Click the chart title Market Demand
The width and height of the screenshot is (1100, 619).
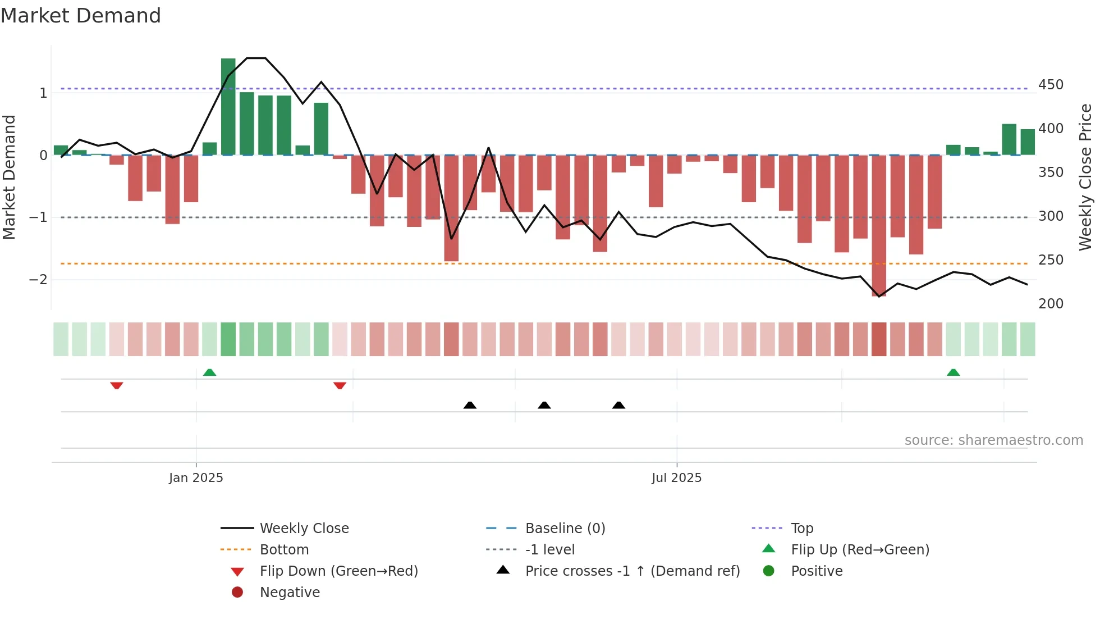pos(81,16)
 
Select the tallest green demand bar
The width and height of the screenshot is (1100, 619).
pos(228,107)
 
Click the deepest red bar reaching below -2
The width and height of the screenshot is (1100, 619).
pos(879,225)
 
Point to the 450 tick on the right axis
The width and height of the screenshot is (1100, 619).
pos(1051,85)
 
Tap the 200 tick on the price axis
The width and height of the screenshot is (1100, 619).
pos(1051,304)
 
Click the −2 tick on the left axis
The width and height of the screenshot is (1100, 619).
pos(38,280)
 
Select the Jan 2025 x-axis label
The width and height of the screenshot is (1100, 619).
pos(196,478)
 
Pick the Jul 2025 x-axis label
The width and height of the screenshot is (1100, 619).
pos(676,478)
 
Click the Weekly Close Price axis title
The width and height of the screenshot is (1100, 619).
pos(1085,177)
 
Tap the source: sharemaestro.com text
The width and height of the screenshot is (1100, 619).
pos(993,440)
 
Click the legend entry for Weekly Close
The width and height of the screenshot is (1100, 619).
pos(304,529)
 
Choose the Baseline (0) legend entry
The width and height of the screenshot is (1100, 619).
pos(565,529)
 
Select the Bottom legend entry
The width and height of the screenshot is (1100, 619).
pos(284,550)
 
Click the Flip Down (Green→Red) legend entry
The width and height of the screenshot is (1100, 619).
pos(338,571)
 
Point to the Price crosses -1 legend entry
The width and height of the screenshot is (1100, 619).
pos(632,571)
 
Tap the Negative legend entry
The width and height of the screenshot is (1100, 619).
pos(290,593)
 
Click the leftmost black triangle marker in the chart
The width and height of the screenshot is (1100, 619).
pos(470,405)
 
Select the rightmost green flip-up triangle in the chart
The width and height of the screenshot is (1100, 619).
pos(953,372)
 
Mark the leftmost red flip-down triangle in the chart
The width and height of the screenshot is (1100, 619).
pos(117,385)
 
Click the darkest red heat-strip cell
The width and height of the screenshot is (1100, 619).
pos(879,339)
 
